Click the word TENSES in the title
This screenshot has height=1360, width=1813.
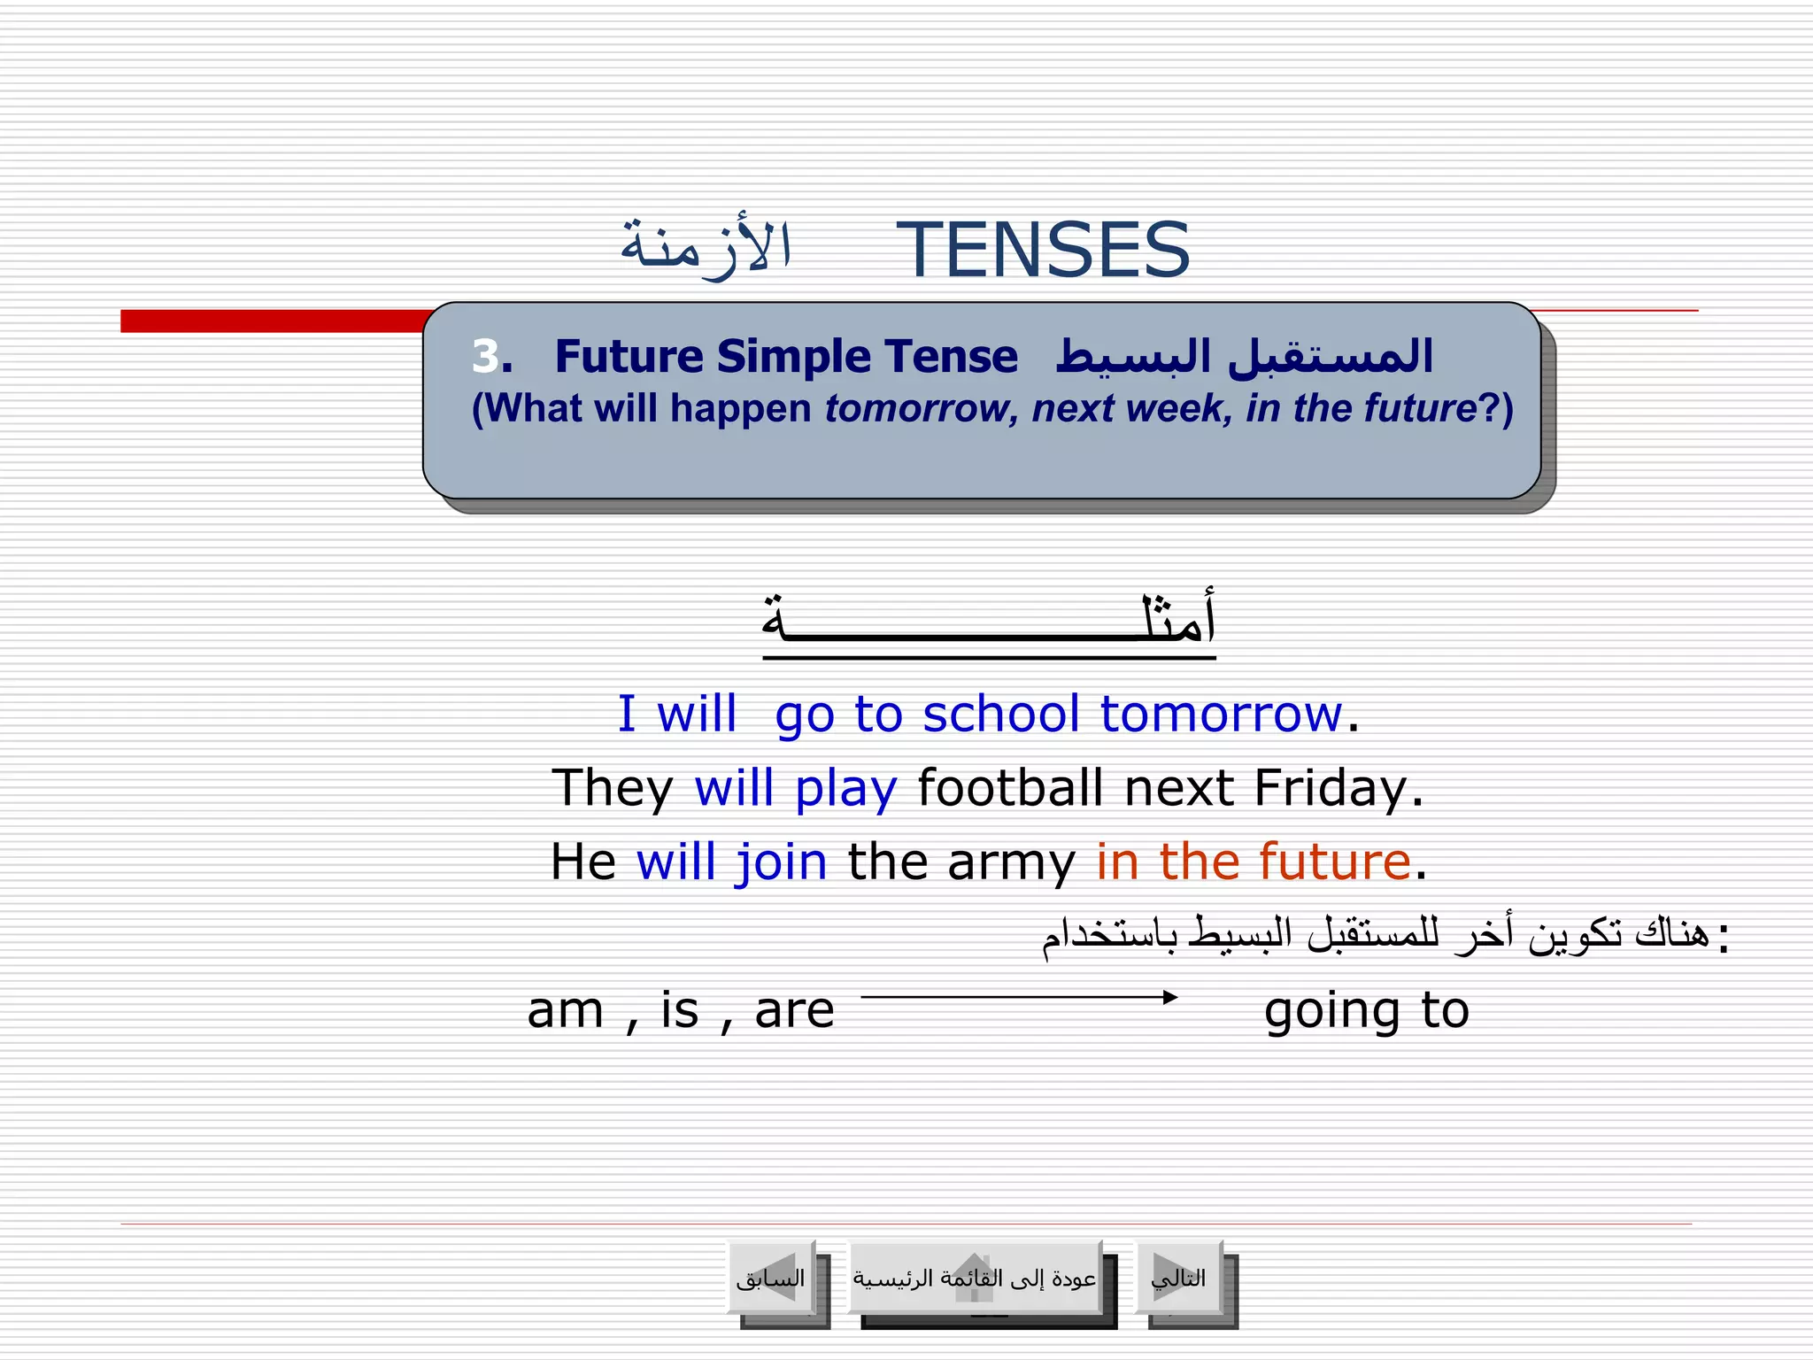point(1043,251)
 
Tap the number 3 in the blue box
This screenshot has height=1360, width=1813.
point(485,356)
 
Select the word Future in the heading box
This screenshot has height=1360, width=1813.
point(629,357)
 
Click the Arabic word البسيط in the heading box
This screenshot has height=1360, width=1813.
point(1134,357)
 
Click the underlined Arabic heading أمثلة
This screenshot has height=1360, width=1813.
point(989,621)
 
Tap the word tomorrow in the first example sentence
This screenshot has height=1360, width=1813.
point(1221,714)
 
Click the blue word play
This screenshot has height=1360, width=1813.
point(845,787)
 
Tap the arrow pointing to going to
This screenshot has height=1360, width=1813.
point(1019,997)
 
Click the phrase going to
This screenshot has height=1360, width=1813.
point(1366,1010)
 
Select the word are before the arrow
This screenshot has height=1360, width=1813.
point(794,1010)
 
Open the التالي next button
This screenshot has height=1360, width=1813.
point(1179,1278)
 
